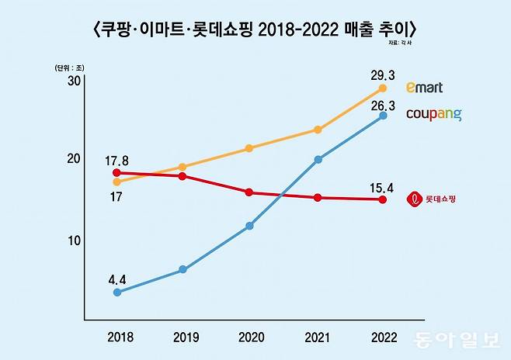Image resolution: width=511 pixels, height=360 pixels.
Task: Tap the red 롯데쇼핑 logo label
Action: coord(432,199)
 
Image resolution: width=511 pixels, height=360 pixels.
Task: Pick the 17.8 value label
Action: coord(116,161)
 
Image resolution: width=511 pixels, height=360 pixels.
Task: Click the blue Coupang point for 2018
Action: coord(116,292)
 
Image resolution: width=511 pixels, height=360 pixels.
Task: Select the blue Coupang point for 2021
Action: coord(318,160)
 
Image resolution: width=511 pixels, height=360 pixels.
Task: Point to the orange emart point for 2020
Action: coord(249,148)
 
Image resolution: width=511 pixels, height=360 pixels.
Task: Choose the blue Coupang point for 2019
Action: coord(182,269)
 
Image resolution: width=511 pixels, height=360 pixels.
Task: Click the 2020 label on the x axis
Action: coord(249,338)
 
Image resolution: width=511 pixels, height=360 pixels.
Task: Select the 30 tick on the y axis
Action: coord(75,81)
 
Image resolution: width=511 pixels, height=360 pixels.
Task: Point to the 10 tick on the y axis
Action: coord(75,241)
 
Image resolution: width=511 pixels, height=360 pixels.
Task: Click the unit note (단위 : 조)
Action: coord(70,68)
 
